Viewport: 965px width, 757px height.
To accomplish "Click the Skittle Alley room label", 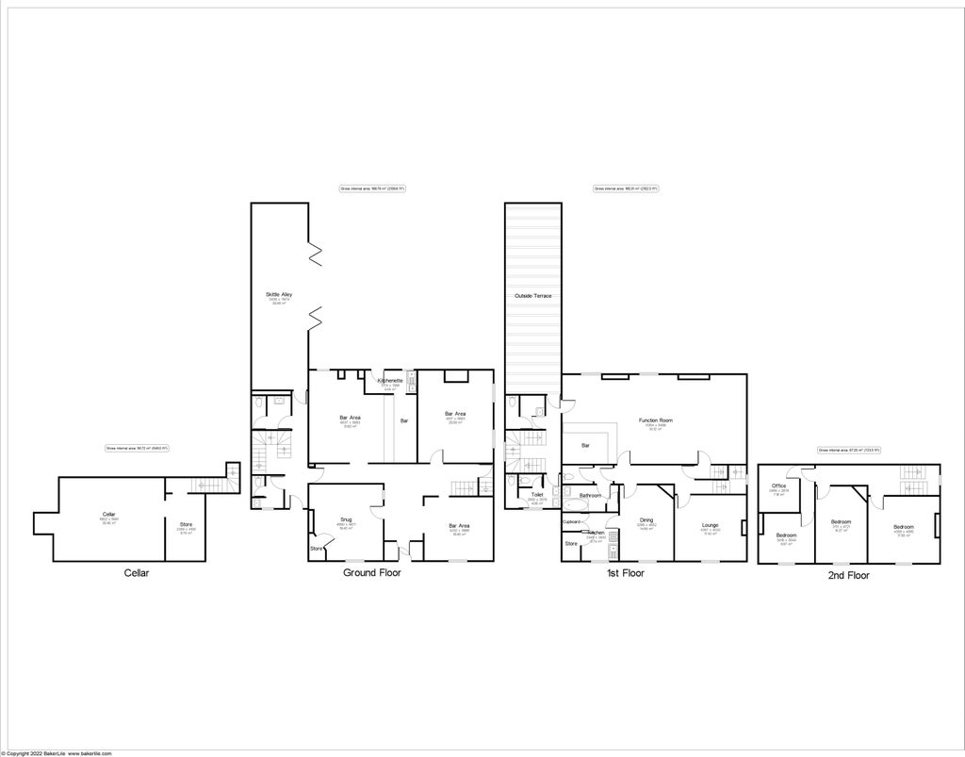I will point(279,296).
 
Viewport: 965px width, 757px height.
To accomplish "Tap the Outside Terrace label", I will point(532,296).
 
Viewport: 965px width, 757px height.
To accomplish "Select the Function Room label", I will point(655,420).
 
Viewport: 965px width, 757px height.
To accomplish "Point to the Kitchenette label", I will point(390,381).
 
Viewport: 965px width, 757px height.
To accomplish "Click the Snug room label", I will point(346,519).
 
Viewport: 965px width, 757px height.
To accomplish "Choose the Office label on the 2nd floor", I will point(778,486).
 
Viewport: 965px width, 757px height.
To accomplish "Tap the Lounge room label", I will point(711,525).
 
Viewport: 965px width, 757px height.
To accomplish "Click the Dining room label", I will point(646,520).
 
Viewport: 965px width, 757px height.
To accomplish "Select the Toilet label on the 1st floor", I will point(537,495).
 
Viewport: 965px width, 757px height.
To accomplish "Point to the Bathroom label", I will point(591,496).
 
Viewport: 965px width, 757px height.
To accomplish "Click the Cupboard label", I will point(571,521).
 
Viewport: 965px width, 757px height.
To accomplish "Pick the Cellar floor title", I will point(137,572).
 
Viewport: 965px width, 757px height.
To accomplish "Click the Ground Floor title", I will point(373,572).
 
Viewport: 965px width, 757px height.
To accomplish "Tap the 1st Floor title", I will point(625,572).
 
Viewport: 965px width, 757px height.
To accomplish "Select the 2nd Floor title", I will point(848,574).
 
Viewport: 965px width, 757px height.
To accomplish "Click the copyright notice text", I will point(57,753).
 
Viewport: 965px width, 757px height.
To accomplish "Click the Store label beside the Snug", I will point(317,548).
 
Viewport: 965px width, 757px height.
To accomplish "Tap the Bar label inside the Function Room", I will point(585,445).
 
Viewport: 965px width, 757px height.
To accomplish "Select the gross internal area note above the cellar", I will point(137,448).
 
